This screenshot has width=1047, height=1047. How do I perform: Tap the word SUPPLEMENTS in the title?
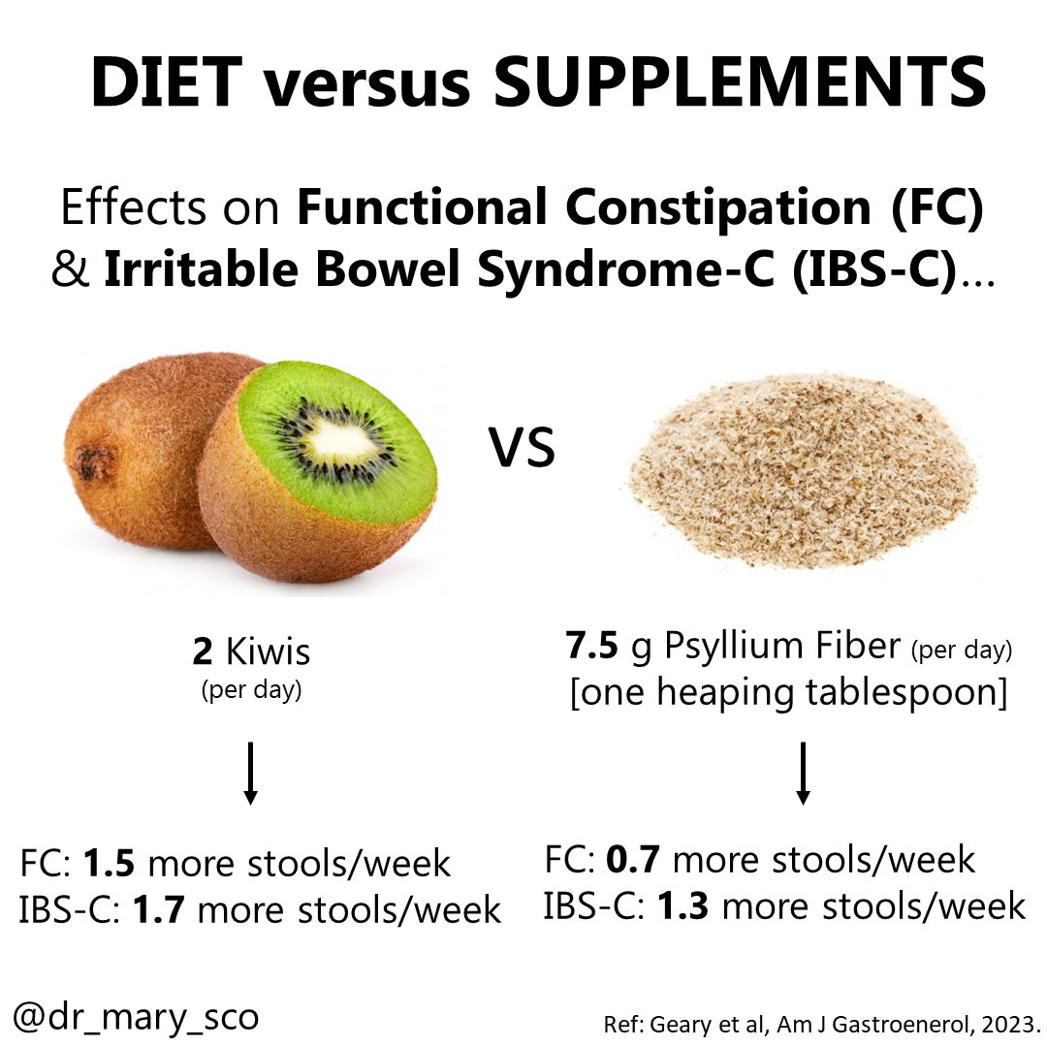(x=742, y=83)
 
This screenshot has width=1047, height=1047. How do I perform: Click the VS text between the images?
(x=522, y=448)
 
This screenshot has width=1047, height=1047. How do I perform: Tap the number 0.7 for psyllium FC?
(x=635, y=859)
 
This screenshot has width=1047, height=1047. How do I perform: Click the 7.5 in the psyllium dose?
(x=593, y=646)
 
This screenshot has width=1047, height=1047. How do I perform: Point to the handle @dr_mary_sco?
(x=137, y=1017)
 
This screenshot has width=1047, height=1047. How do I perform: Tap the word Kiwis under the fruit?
(x=268, y=651)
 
